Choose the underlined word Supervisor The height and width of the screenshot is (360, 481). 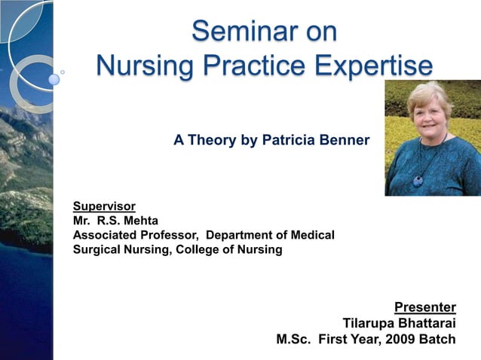point(104,206)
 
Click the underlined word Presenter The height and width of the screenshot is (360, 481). point(425,307)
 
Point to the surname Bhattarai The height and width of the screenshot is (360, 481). point(427,323)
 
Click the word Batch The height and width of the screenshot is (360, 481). point(439,339)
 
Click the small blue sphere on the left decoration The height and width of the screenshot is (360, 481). point(54,79)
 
